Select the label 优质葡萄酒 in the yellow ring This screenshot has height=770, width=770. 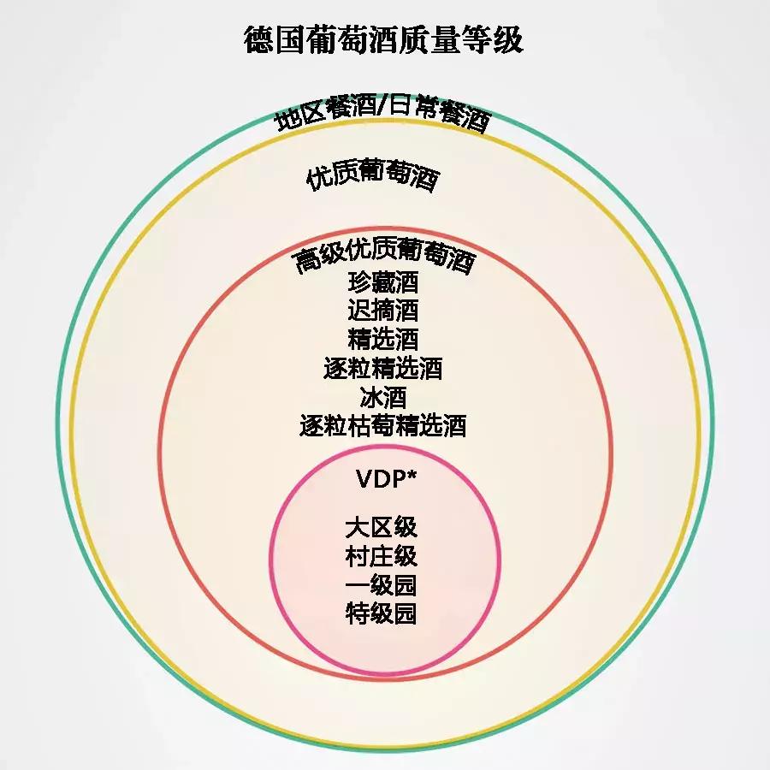pyautogui.click(x=372, y=177)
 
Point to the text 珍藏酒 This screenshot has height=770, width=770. pyautogui.click(x=383, y=283)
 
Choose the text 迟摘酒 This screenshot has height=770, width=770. pyautogui.click(x=383, y=311)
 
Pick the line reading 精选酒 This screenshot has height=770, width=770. pyautogui.click(x=383, y=339)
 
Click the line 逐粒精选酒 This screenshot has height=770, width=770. pyautogui.click(x=383, y=368)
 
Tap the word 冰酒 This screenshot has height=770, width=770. pyautogui.click(x=383, y=397)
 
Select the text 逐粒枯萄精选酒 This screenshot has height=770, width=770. pyautogui.click(x=383, y=425)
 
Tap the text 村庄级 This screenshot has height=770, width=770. pyautogui.click(x=382, y=556)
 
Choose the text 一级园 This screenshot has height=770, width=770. pyautogui.click(x=382, y=585)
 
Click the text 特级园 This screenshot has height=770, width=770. pyautogui.click(x=382, y=613)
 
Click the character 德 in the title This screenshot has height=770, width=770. pyautogui.click(x=259, y=40)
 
